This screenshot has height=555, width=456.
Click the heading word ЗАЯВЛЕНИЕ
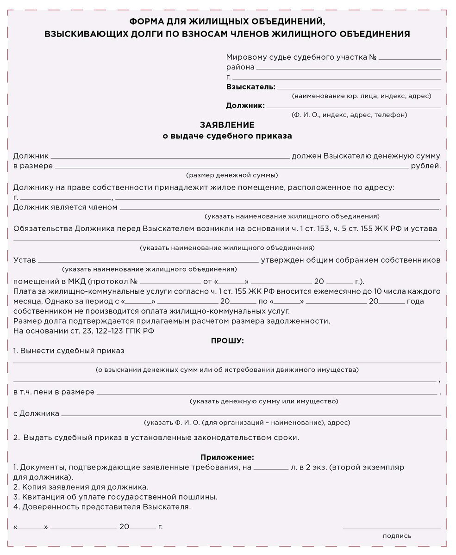pyautogui.click(x=227, y=125)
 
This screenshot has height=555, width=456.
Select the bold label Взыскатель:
pyautogui.click(x=250, y=87)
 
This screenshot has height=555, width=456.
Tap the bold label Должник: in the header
pyautogui.click(x=245, y=105)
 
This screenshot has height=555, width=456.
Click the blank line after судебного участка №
pyautogui.click(x=410, y=58)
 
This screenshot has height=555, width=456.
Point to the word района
pyautogui.click(x=240, y=68)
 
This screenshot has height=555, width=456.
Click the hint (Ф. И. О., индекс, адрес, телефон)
pyautogui.click(x=349, y=115)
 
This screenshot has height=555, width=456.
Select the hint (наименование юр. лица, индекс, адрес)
pyautogui.click(x=361, y=96)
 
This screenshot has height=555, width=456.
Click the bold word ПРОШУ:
pyautogui.click(x=227, y=341)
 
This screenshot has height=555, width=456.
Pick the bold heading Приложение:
pyautogui.click(x=227, y=457)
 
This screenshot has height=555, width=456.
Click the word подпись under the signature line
pyautogui.click(x=397, y=536)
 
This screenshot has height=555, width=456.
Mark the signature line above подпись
pyautogui.click(x=392, y=528)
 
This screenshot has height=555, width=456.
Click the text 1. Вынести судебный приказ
pyautogui.click(x=69, y=351)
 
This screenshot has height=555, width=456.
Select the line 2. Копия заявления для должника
pyautogui.click(x=81, y=487)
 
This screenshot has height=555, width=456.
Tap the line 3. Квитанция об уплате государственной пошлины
pyautogui.click(x=115, y=497)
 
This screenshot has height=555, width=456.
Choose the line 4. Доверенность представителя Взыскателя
pyautogui.click(x=102, y=507)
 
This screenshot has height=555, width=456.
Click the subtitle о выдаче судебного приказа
pyautogui.click(x=227, y=136)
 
